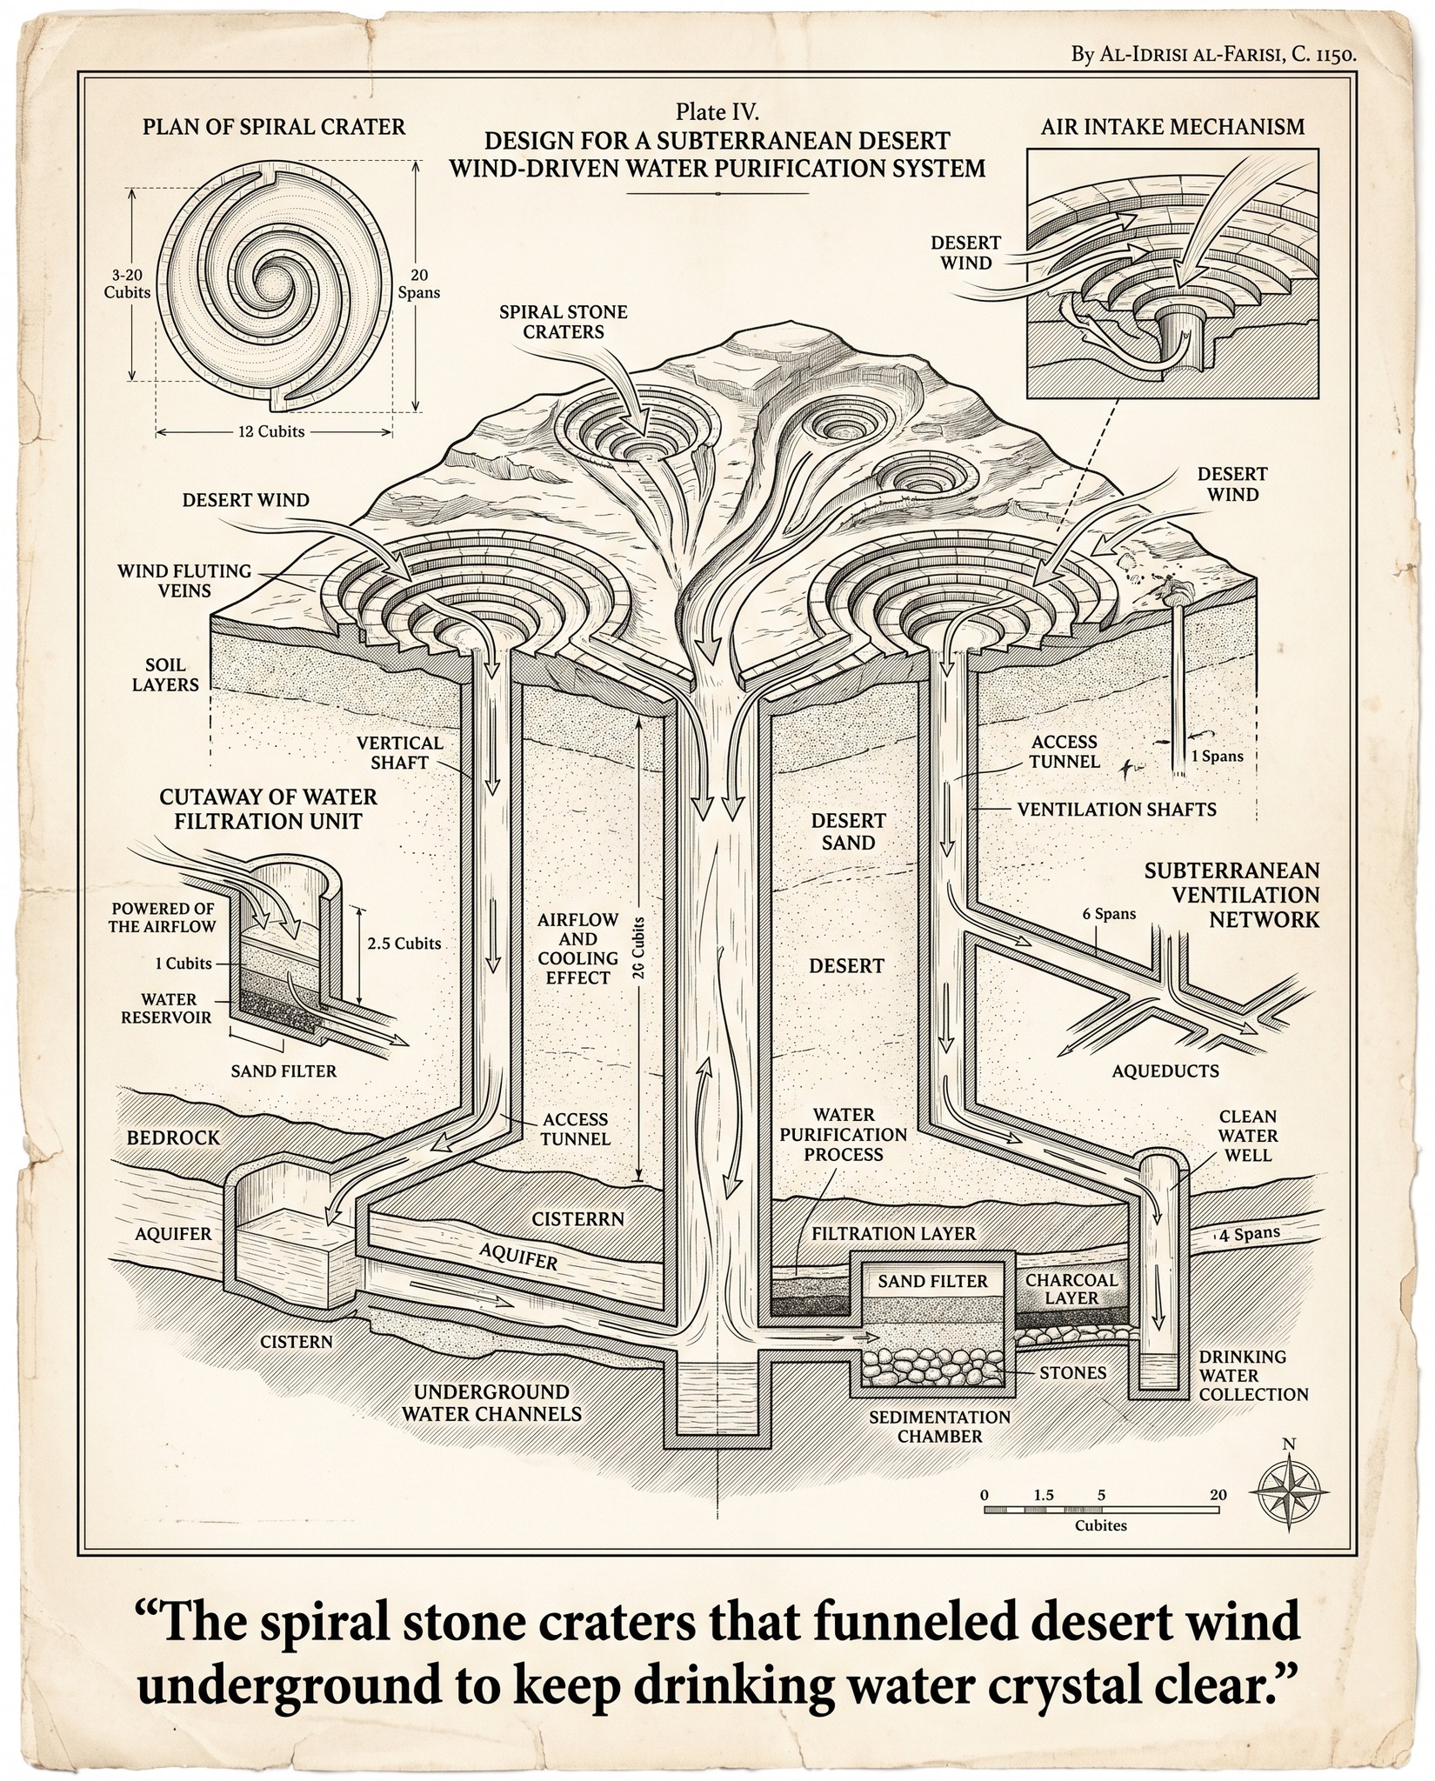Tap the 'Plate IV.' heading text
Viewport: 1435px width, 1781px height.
pos(717,112)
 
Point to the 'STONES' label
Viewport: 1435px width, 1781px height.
pos(1073,1372)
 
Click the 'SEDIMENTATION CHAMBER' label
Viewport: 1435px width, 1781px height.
pos(940,1426)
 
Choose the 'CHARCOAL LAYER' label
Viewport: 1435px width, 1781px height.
pos(1071,1289)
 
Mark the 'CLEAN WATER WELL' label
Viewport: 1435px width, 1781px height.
pos(1248,1136)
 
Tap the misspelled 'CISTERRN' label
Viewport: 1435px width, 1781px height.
pos(578,1219)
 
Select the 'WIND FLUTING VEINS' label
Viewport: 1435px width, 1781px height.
pos(184,581)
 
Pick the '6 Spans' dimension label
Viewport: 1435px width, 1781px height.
pos(1109,914)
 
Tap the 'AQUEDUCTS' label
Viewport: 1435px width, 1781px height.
pos(1165,1071)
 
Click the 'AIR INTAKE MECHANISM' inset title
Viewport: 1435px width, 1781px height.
pos(1172,127)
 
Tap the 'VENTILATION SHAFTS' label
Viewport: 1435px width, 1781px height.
pos(1117,809)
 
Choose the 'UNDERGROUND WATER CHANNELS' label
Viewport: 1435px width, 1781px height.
pos(491,1404)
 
